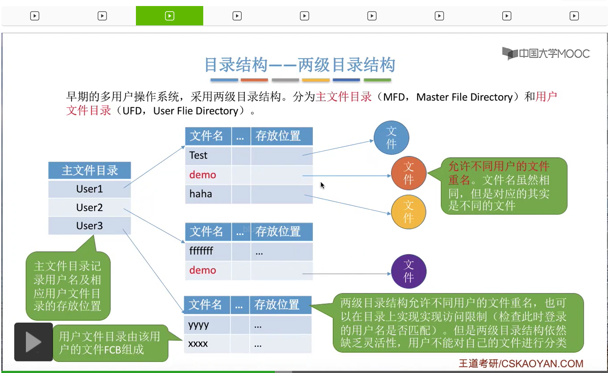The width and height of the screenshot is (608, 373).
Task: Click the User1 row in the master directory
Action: click(89, 189)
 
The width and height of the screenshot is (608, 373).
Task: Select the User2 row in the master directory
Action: click(89, 208)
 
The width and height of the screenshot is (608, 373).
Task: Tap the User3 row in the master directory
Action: click(89, 226)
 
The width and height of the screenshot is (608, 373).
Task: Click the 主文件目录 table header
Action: click(89, 171)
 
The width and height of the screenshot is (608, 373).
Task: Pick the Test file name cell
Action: click(208, 155)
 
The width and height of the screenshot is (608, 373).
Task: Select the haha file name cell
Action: click(208, 194)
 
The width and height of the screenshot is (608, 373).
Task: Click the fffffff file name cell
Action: click(208, 251)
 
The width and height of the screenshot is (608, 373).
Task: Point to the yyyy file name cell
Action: click(207, 325)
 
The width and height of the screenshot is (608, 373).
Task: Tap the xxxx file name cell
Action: click(207, 344)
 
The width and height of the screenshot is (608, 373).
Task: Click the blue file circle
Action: click(391, 138)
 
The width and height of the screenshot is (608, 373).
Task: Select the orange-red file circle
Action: click(408, 173)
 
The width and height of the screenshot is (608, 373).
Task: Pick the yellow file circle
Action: click(408, 212)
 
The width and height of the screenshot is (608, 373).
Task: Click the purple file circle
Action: click(408, 271)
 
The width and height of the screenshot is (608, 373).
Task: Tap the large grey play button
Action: click(33, 342)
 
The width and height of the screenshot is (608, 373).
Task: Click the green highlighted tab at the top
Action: click(170, 16)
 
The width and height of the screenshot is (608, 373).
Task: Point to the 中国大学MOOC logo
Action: click(546, 54)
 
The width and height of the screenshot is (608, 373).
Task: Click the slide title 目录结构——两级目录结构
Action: click(300, 65)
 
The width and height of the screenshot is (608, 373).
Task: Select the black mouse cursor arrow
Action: click(322, 185)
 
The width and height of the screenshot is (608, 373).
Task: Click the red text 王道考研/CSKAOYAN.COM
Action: click(521, 364)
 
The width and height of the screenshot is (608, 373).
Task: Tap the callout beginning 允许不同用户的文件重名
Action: click(504, 186)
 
